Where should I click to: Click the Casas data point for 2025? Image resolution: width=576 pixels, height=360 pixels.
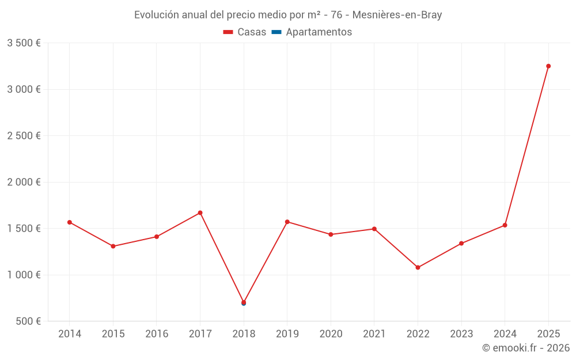tap(548, 66)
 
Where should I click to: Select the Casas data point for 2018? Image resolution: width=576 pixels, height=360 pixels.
tap(244, 302)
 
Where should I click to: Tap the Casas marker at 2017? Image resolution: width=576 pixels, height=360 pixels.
tap(200, 213)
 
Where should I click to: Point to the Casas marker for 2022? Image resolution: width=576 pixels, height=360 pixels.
tap(418, 267)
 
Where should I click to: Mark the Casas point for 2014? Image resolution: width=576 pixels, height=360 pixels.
tap(70, 222)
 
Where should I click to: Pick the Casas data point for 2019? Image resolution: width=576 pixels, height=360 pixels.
tap(287, 222)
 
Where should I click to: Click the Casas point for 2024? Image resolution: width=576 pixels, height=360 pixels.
tap(505, 225)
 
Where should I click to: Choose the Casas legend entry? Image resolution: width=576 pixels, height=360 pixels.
tap(245, 32)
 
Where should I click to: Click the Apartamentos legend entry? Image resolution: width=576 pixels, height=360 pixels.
tap(312, 32)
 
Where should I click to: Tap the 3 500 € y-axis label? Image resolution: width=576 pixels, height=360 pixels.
tap(24, 43)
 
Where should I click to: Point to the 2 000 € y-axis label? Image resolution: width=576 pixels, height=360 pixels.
tap(24, 182)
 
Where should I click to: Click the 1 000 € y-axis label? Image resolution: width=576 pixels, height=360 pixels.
tap(24, 275)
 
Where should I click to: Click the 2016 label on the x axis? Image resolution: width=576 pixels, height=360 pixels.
tap(157, 334)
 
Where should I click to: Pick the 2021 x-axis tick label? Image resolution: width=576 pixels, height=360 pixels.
tap(374, 334)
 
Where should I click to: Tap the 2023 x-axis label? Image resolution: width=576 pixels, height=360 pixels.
tap(461, 334)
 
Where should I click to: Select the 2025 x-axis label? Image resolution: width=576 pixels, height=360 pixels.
tap(548, 334)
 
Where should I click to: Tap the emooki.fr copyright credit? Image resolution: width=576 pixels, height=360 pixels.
tap(526, 348)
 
